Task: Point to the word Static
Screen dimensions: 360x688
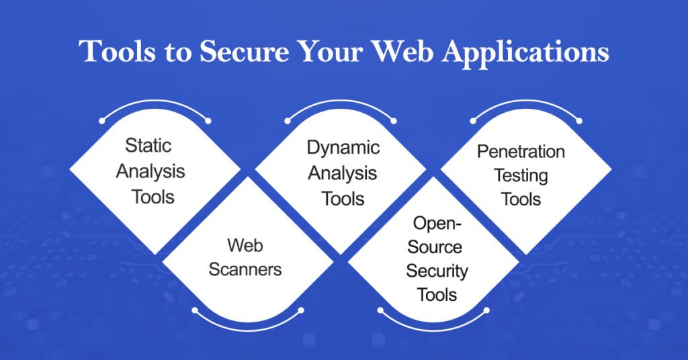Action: (150, 146)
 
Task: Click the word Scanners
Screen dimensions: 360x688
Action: (245, 269)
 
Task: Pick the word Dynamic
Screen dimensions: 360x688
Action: (343, 148)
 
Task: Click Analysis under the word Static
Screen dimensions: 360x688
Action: (150, 171)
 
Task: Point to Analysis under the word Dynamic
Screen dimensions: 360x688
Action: (343, 173)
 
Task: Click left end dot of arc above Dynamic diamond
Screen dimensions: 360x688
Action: (288, 122)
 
